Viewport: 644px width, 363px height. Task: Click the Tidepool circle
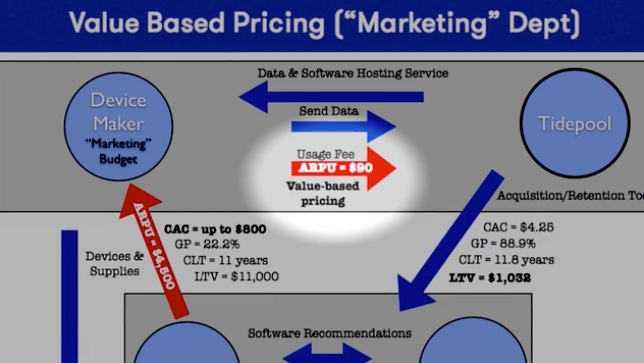pos(575,123)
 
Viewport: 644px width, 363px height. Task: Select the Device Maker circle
pos(119,126)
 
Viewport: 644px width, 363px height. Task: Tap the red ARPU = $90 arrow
pos(343,168)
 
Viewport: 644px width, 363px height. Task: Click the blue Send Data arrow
pos(343,126)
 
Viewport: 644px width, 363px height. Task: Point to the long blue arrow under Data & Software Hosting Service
pos(331,97)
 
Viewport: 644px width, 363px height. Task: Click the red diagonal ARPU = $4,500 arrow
pos(154,252)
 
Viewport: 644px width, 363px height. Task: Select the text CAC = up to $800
pos(215,229)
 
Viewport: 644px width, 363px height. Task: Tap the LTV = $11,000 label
pos(236,277)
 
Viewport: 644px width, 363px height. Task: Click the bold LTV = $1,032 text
pos(490,278)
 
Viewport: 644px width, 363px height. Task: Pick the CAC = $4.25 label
pos(518,227)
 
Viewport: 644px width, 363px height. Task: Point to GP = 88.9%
pos(503,243)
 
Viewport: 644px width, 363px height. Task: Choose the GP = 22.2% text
pos(207,244)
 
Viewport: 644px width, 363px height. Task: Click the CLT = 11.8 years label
pos(506,260)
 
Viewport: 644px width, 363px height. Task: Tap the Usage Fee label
pos(325,154)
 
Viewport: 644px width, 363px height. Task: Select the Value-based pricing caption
pos(323,193)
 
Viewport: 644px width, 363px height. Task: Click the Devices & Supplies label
pos(114,264)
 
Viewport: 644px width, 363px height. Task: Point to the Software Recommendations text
pos(329,333)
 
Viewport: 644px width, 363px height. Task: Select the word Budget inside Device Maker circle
pos(118,159)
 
